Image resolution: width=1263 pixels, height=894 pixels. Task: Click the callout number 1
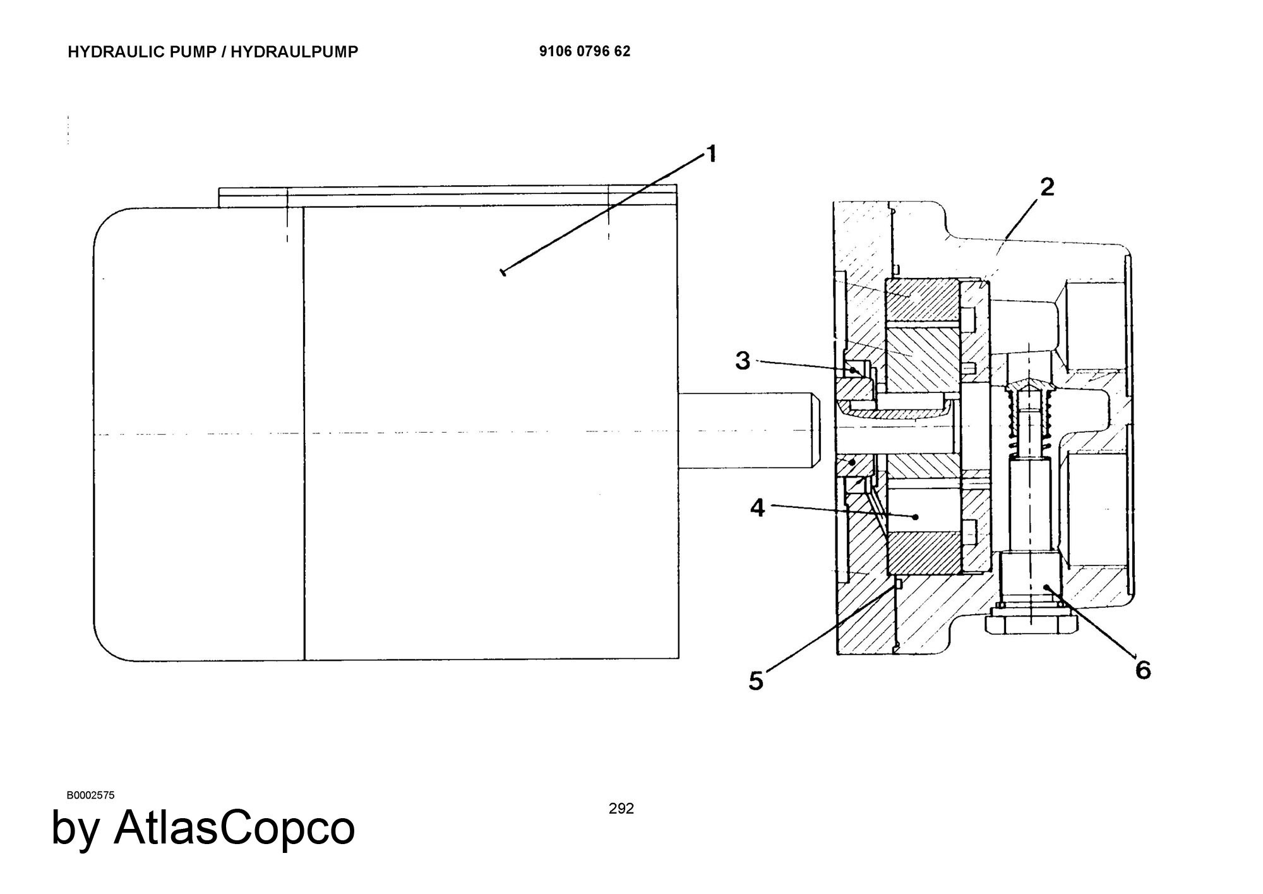click(711, 154)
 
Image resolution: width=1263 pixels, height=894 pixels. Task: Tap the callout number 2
click(1047, 187)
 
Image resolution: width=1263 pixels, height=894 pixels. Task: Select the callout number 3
click(743, 361)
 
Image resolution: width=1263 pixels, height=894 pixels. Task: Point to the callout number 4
click(758, 507)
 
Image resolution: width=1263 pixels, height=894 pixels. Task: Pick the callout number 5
click(756, 681)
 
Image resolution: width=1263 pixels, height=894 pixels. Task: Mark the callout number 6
click(1143, 670)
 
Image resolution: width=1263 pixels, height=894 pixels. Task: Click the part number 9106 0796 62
click(585, 51)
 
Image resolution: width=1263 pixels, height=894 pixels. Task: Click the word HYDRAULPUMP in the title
click(294, 52)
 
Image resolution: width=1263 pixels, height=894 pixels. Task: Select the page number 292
click(621, 809)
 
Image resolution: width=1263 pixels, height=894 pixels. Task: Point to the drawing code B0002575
click(90, 795)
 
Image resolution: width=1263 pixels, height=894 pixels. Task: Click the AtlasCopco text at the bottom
click(234, 828)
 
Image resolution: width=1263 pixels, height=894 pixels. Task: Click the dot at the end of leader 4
click(916, 517)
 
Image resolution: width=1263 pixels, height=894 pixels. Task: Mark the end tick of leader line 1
click(503, 272)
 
